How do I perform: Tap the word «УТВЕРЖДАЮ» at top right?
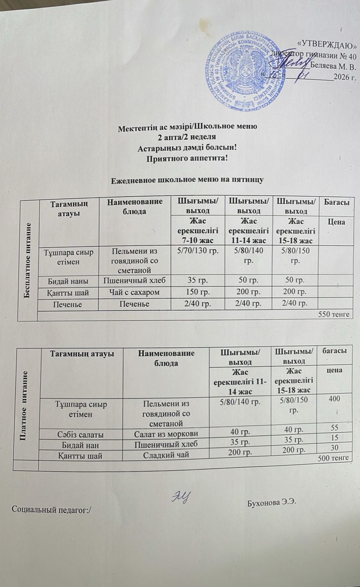tap(328, 45)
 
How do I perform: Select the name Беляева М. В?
tap(333, 67)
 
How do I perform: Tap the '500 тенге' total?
tap(333, 458)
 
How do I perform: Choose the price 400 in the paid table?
tap(334, 399)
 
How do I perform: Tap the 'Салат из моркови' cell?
tap(166, 434)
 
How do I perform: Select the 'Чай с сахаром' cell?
tap(134, 292)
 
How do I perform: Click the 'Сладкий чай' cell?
tap(166, 455)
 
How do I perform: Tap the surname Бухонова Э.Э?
tap(272, 502)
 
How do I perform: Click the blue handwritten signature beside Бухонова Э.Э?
tap(181, 497)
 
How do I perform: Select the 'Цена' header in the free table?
tap(335, 222)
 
